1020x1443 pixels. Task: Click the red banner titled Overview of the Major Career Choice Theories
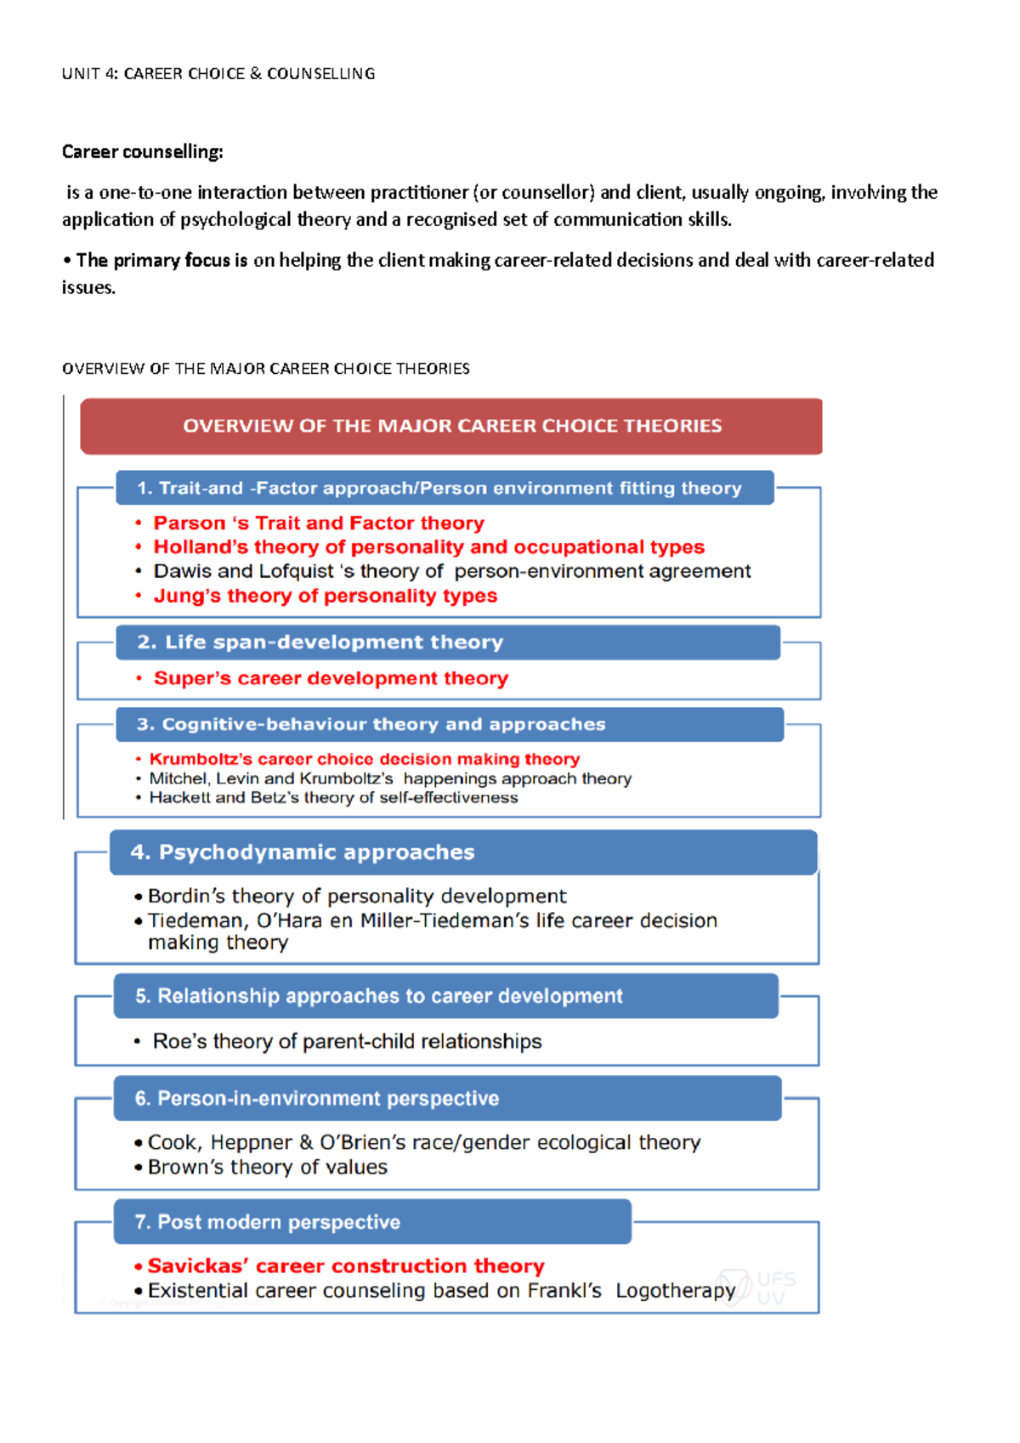pos(451,426)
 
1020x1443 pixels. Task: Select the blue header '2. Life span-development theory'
pos(448,642)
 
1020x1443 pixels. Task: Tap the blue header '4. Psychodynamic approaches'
pos(463,852)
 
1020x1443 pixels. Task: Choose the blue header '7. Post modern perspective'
pos(372,1222)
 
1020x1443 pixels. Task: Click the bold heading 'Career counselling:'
pos(143,152)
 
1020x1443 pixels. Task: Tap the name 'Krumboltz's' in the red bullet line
pos(201,759)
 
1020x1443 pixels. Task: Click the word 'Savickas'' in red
pos(198,1266)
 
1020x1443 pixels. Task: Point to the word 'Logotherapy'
pos(675,1291)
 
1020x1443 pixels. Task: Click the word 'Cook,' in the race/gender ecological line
pos(174,1143)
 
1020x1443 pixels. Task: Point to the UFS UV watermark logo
pos(756,1287)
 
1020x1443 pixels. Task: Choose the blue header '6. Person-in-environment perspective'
pos(447,1099)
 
